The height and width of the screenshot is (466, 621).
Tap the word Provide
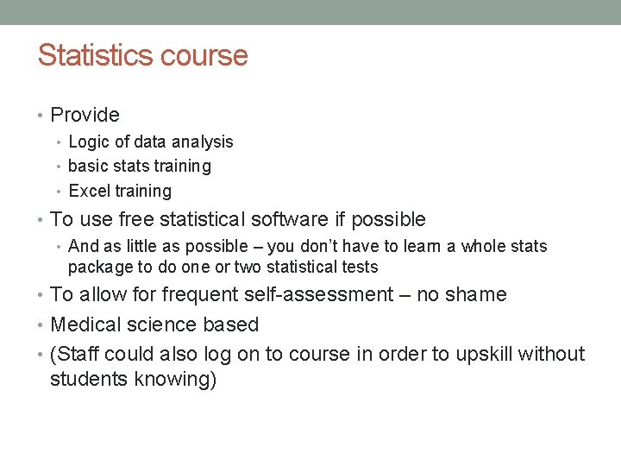point(85,115)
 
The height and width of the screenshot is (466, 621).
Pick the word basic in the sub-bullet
point(87,166)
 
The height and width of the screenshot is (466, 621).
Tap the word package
point(98,268)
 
